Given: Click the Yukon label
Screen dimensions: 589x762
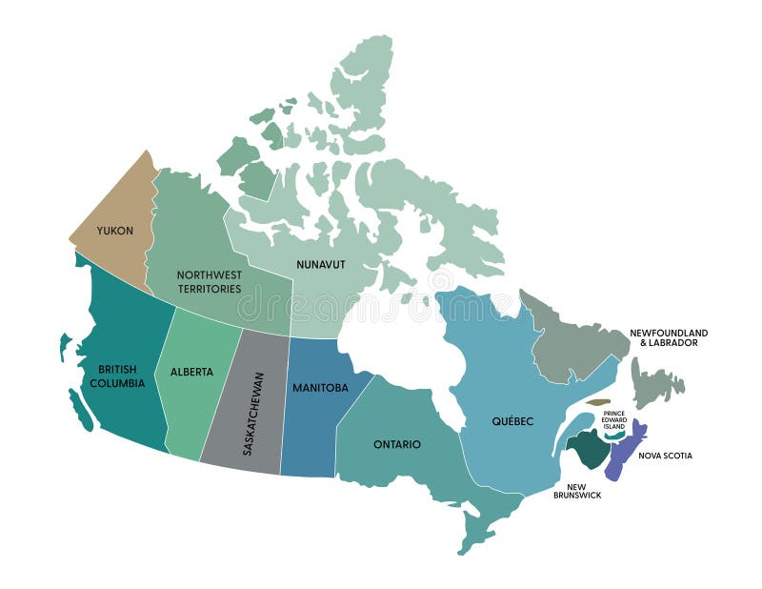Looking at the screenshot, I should [x=114, y=231].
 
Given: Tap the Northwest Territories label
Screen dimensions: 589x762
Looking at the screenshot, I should [x=209, y=281].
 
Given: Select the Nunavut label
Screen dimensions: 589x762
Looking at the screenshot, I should [x=320, y=264].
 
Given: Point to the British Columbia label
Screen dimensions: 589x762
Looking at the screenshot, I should [x=122, y=376].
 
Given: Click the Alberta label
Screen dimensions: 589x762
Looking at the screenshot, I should [x=191, y=372].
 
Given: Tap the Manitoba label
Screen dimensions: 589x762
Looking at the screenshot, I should [x=319, y=388].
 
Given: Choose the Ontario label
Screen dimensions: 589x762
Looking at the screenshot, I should [x=397, y=444].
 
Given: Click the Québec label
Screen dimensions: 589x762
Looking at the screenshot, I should [x=512, y=420].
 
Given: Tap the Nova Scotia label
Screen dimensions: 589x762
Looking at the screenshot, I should [x=665, y=456].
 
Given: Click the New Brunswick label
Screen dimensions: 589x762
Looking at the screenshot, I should [x=577, y=490].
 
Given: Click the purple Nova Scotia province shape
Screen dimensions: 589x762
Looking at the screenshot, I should [x=623, y=454].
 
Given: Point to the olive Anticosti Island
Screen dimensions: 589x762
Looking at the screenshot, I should [x=597, y=402].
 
